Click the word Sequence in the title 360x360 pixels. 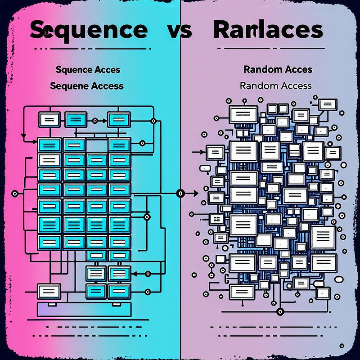(x=88, y=30)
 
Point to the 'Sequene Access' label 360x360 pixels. (x=87, y=85)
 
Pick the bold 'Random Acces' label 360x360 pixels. (x=277, y=70)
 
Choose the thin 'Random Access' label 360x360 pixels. (x=276, y=85)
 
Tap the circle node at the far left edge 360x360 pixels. (x=14, y=193)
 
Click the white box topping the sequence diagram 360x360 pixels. (x=49, y=119)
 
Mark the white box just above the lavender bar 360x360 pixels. (x=49, y=290)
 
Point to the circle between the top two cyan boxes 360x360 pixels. (x=94, y=121)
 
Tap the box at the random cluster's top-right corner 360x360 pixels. (x=328, y=104)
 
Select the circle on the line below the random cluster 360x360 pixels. (x=280, y=311)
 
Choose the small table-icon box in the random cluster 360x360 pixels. (x=216, y=219)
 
